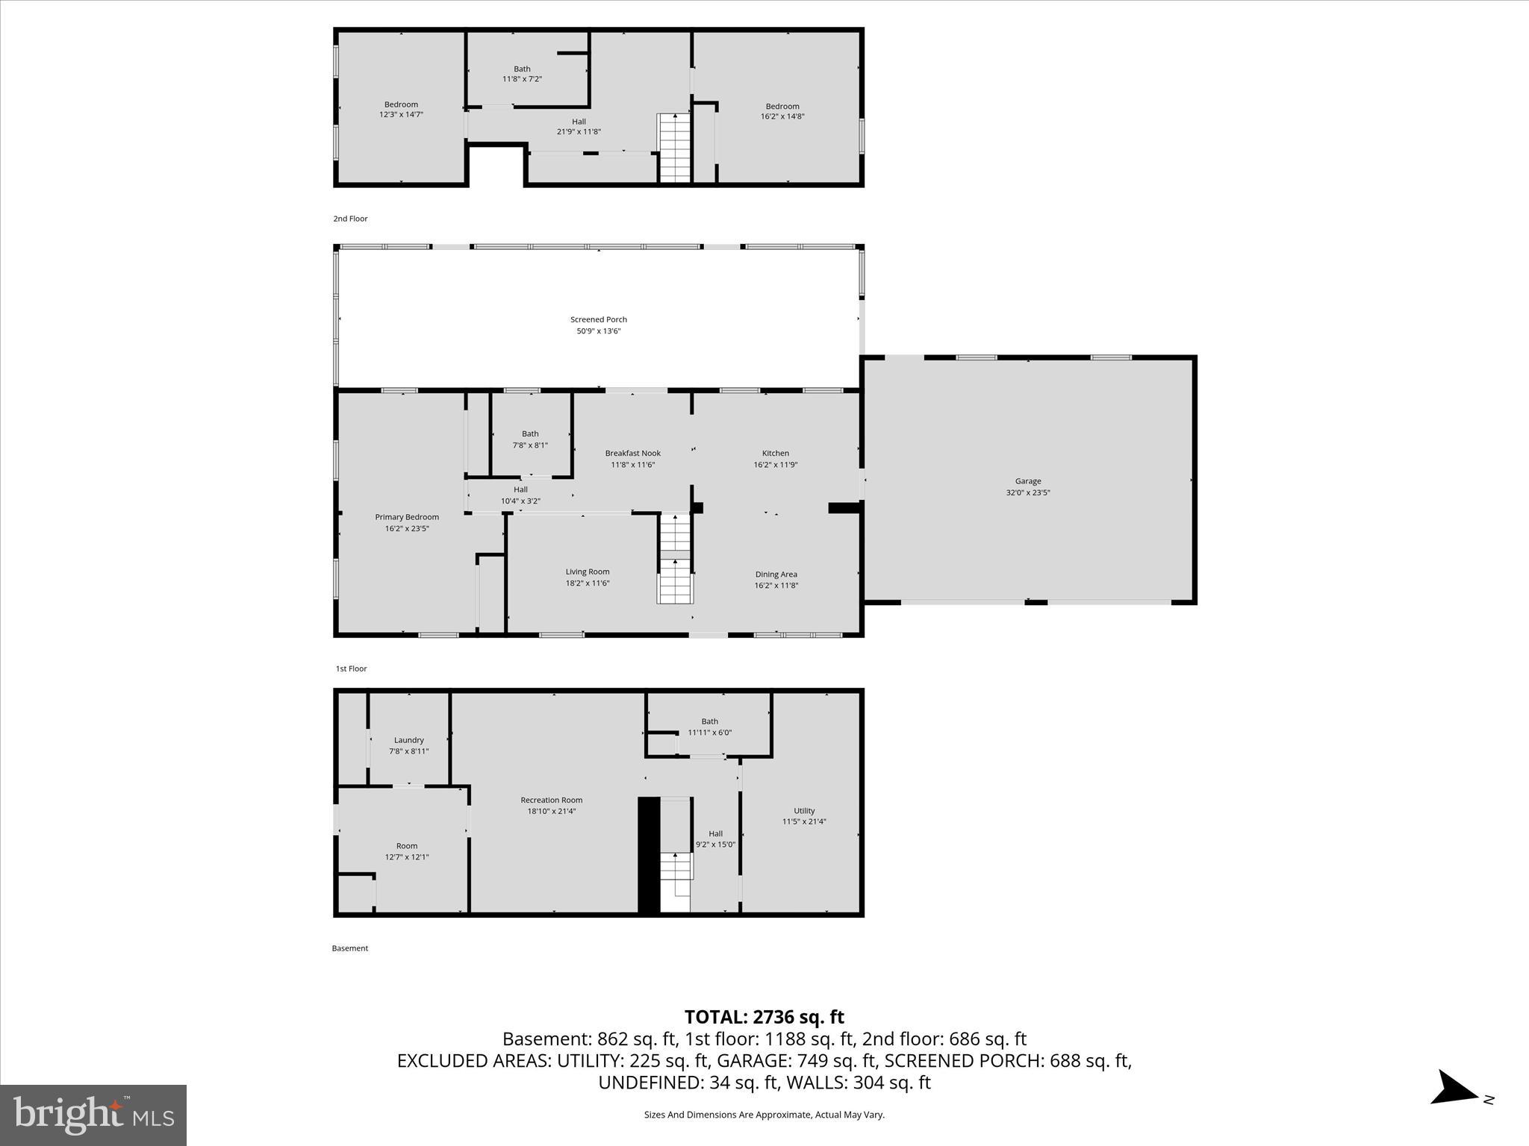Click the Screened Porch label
click(598, 320)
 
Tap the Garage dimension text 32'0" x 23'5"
click(1027, 492)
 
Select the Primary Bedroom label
click(406, 517)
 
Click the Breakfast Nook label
click(632, 453)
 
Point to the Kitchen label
click(775, 453)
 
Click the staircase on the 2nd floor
click(675, 147)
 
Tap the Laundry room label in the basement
click(408, 740)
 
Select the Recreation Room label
click(551, 800)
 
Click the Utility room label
click(804, 810)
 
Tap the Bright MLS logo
click(93, 1115)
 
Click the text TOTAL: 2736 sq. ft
click(764, 1017)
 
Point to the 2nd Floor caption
click(350, 219)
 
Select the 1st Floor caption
click(351, 668)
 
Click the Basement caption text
click(349, 948)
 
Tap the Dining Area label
click(776, 574)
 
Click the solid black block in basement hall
click(649, 855)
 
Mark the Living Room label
click(587, 572)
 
